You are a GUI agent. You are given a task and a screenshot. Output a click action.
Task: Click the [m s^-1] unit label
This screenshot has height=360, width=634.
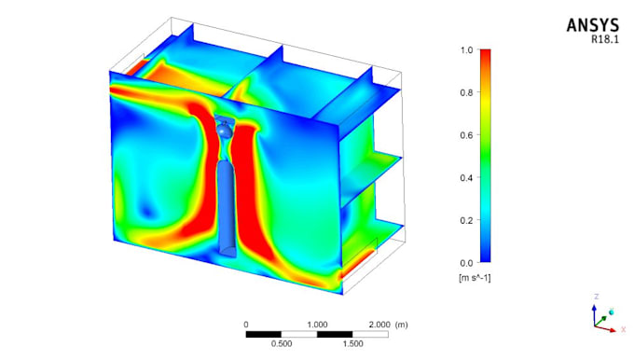[475, 279]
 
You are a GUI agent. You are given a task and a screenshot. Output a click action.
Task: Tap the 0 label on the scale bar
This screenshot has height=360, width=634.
[246, 324]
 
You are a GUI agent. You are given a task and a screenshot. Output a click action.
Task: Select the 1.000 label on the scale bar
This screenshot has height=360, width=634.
[317, 324]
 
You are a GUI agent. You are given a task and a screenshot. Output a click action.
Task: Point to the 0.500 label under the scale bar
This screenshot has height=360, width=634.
[282, 343]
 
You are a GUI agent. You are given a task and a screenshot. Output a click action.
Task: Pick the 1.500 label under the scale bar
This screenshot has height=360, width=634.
[352, 343]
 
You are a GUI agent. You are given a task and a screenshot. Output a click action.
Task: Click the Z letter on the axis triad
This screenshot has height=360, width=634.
[596, 297]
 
